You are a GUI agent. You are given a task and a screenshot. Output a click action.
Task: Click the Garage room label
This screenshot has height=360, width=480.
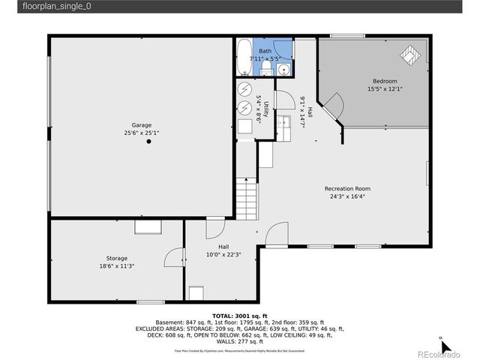pos(142,124)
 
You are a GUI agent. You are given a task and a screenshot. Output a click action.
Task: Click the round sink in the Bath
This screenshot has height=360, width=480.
pos(283,70)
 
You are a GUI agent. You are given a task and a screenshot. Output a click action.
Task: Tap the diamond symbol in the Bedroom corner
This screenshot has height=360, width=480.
pos(412,53)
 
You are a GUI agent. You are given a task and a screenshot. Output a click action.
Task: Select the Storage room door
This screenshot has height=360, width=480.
pos(174,259)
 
